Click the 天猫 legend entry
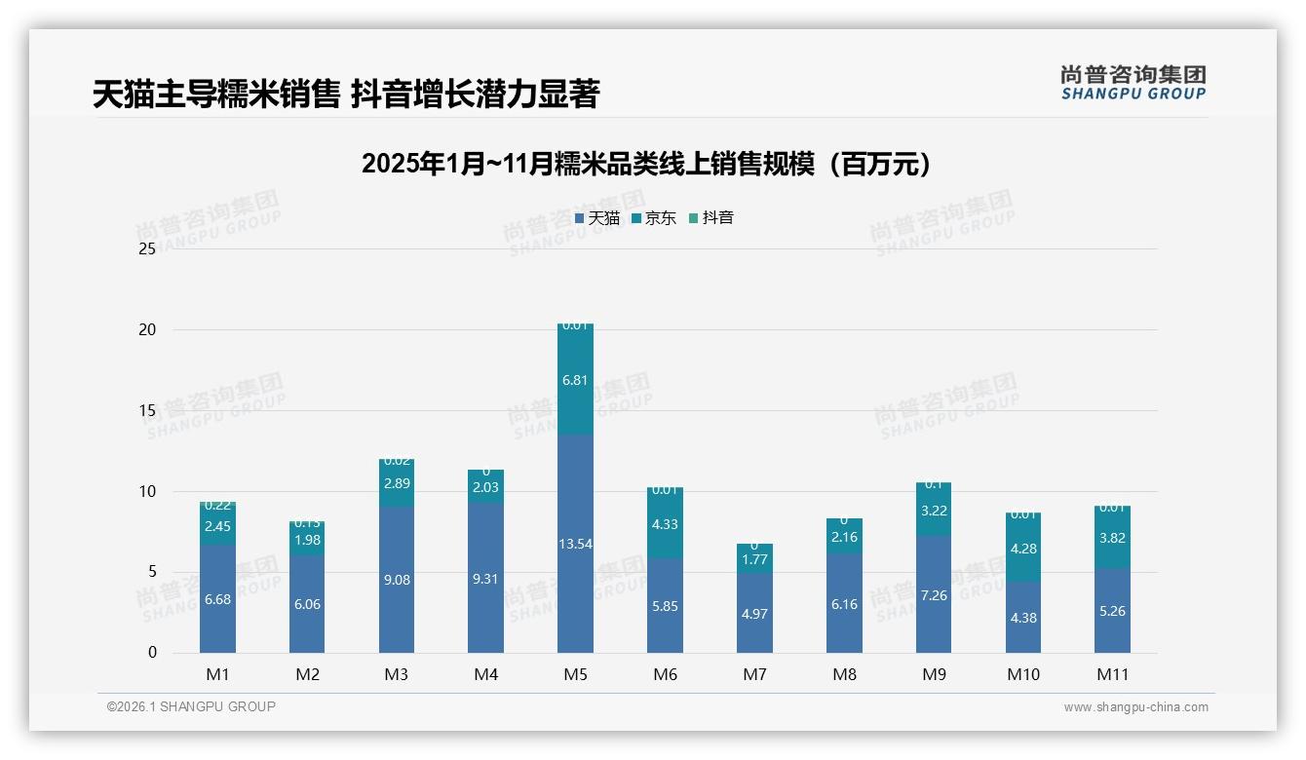(597, 218)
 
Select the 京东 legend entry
(654, 218)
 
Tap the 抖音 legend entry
(711, 218)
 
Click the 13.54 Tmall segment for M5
(575, 544)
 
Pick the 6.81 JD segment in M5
(575, 380)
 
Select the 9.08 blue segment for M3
(397, 580)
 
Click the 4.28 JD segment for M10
(1023, 549)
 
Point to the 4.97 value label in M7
(754, 613)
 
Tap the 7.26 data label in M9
(934, 595)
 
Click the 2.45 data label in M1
(217, 527)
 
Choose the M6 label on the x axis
(665, 674)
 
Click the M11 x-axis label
(1112, 674)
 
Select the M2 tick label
(307, 674)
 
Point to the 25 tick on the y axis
(147, 249)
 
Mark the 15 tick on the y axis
(147, 410)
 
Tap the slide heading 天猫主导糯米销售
(345, 95)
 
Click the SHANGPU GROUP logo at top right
(1133, 83)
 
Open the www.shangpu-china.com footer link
(1135, 707)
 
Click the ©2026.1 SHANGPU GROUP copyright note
(191, 706)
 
